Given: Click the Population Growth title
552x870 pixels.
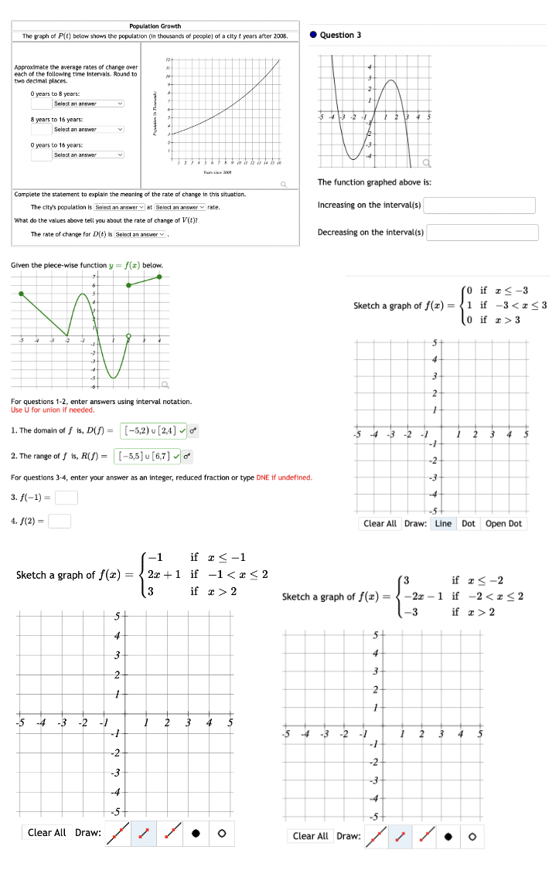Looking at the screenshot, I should click(x=155, y=26).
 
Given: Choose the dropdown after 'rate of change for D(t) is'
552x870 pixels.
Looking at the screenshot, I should click(x=140, y=234).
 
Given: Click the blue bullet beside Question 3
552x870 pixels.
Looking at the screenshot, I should click(x=312, y=35).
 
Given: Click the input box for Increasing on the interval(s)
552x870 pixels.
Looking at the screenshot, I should click(x=479, y=206).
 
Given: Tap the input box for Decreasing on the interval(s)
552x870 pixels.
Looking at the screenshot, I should click(x=482, y=233).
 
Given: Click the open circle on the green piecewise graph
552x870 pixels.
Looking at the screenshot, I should click(x=129, y=336).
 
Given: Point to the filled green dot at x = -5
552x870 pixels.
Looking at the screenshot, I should click(x=21, y=294).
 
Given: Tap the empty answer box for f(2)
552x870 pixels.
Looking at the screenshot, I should click(x=60, y=522).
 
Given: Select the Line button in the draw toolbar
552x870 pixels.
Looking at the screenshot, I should click(x=443, y=524).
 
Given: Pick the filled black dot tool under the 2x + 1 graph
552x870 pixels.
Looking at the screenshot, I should click(x=196, y=833).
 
